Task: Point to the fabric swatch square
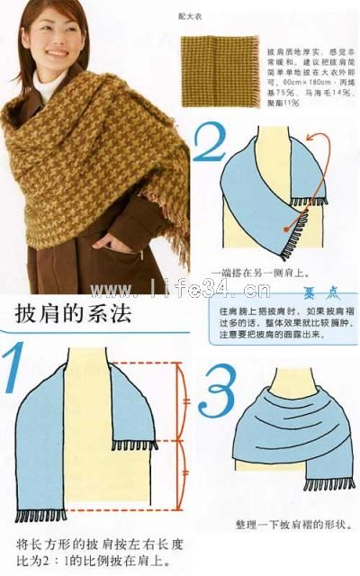pos(216,67)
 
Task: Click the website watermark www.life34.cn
pos(179,289)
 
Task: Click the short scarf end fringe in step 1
pos(135,445)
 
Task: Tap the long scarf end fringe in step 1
pos(41,516)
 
